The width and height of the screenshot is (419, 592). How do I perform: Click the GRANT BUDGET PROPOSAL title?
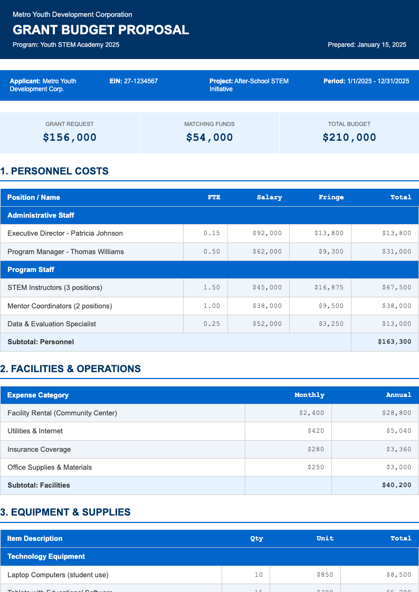pos(101,30)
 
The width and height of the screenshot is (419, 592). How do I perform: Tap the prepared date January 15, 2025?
pos(382,45)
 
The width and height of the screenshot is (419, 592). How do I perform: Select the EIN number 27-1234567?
pos(141,81)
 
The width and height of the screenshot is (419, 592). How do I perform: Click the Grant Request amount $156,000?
pos(70,138)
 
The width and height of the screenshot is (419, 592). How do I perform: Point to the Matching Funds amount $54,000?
pos(209,138)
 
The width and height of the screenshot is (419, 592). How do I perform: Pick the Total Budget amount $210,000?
pos(349,138)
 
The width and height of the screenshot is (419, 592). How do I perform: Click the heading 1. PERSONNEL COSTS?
pos(54,171)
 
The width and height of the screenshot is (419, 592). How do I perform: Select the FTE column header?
pos(214,197)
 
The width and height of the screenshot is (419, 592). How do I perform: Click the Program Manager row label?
pos(65,251)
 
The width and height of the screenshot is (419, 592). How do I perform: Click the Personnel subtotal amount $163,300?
pos(394,342)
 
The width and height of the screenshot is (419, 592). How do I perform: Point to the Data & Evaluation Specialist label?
pos(52,324)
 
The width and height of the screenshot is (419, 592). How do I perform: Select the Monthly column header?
pos(309,395)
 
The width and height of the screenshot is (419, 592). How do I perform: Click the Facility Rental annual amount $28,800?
pos(396,413)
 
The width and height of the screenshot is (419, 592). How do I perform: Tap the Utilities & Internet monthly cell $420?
pos(316,431)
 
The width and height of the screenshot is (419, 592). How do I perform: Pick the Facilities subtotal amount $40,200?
pos(396,485)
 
